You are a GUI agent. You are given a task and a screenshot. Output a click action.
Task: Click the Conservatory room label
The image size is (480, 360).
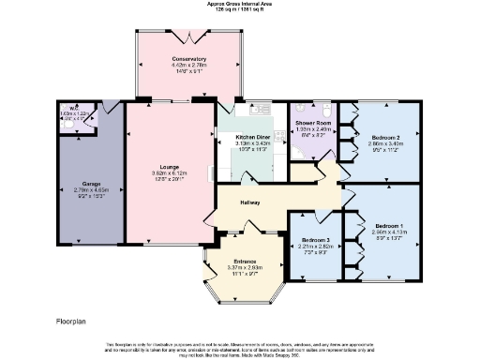[188, 59]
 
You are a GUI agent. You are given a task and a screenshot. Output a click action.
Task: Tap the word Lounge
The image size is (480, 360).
[170, 166]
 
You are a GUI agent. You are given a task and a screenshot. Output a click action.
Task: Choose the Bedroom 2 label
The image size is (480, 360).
[385, 137]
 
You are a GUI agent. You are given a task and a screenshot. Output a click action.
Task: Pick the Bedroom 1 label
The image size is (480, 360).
[389, 226]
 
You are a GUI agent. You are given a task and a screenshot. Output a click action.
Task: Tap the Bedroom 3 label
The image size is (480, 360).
[315, 241]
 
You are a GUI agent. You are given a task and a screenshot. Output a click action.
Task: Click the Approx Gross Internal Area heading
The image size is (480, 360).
[240, 3]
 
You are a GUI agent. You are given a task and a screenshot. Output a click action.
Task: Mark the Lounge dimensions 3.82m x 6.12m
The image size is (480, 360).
[170, 173]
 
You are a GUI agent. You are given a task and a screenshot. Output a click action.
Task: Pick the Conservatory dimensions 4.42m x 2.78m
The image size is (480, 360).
[188, 66]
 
